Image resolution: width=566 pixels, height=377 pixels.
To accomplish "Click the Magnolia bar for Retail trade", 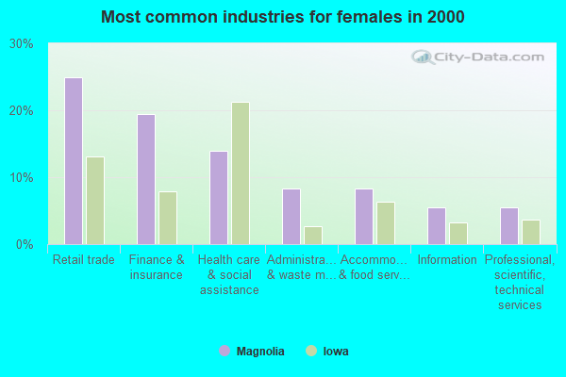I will click(x=73, y=161).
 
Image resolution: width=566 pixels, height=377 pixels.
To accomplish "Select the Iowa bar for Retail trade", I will click(x=95, y=201).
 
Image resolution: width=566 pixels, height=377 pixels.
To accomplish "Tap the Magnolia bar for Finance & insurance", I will click(x=145, y=179).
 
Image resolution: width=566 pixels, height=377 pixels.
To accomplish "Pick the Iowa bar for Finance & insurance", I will click(x=168, y=218).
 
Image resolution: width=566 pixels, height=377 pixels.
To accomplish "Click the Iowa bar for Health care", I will click(x=241, y=173).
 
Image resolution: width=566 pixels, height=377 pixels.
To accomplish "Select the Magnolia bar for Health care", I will click(x=218, y=198).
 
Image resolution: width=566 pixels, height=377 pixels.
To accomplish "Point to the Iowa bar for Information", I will click(x=458, y=234).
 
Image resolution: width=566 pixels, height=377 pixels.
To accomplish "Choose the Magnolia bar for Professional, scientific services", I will click(x=508, y=226).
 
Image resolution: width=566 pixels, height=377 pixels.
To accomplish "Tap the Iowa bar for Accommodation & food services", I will click(x=386, y=223).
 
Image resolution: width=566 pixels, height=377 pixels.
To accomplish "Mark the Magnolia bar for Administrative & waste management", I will click(x=291, y=217).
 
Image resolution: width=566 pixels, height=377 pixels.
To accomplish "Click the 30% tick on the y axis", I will click(x=22, y=44).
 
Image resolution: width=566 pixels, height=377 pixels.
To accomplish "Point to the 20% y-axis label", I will click(x=22, y=111).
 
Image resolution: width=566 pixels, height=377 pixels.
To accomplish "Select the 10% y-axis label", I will click(x=22, y=178).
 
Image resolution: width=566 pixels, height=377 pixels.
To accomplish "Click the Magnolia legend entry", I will click(x=252, y=352).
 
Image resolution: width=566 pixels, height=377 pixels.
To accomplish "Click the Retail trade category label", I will click(x=84, y=260).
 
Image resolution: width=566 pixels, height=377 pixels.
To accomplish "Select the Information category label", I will click(x=447, y=260).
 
